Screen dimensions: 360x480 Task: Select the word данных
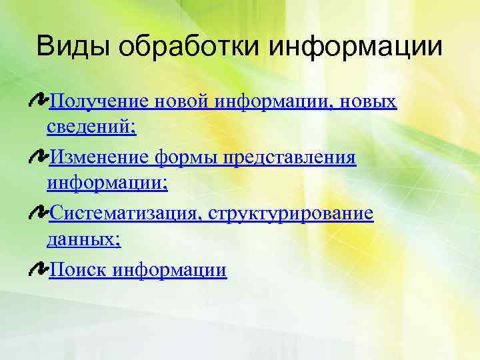[x=83, y=239]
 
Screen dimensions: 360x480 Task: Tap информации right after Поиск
[x=170, y=271]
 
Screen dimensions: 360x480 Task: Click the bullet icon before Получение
[x=39, y=101]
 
